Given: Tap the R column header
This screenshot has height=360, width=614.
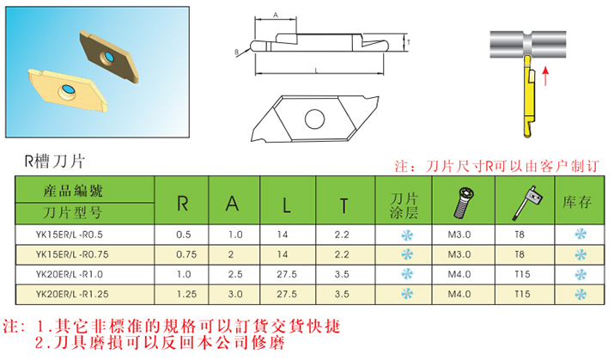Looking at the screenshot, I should tap(183, 204).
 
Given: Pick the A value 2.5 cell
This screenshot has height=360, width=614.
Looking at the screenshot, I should tap(235, 273).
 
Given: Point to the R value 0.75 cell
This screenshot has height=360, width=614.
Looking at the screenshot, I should tap(183, 253).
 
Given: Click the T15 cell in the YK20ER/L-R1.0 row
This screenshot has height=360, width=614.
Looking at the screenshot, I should tap(520, 273).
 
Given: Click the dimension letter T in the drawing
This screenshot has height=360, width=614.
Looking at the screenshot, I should tap(409, 41).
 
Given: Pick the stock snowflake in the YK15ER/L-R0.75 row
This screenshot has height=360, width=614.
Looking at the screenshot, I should tap(580, 253).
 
